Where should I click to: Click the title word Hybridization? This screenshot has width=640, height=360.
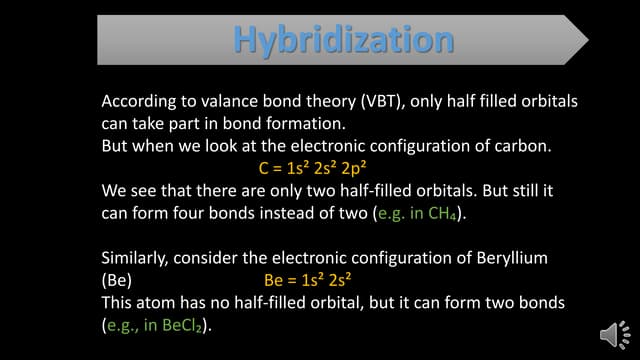tap(343, 39)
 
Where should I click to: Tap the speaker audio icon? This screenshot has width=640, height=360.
tap(609, 332)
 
